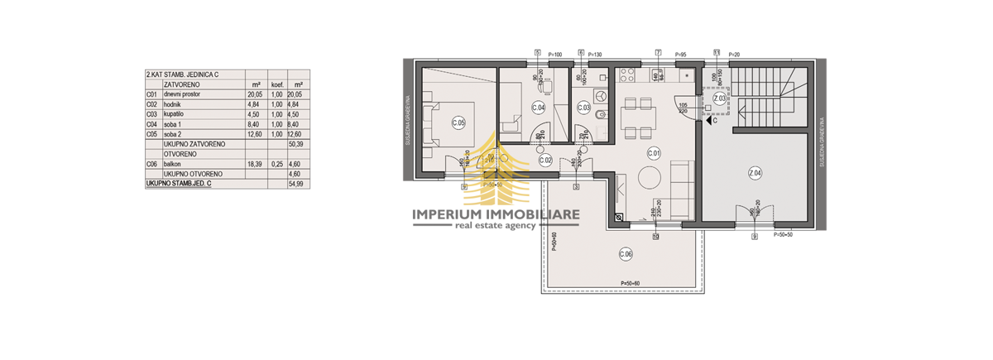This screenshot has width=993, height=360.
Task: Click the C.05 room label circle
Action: pyautogui.click(x=458, y=123)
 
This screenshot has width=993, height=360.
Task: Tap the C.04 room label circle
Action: pyautogui.click(x=537, y=108)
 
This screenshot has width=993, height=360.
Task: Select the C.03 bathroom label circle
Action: pyautogui.click(x=582, y=108)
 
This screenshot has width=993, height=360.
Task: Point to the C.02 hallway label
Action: pyautogui.click(x=545, y=159)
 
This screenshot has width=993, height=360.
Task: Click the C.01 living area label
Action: pyautogui.click(x=653, y=152)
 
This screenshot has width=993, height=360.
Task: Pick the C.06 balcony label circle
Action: pyautogui.click(x=626, y=254)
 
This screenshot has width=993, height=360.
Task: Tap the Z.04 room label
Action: pyautogui.click(x=754, y=173)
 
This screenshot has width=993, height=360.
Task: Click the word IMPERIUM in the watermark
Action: pyautogui.click(x=463, y=214)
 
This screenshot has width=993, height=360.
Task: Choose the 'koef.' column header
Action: pyautogui.click(x=278, y=84)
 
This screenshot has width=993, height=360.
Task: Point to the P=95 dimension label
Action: pyautogui.click(x=681, y=54)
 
